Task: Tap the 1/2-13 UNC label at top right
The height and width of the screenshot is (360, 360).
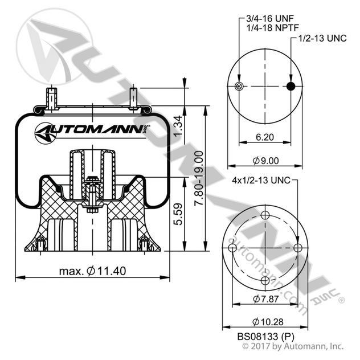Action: [321, 39]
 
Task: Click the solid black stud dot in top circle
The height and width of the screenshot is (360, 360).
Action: [291, 86]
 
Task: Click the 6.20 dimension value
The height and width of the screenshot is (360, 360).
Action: [264, 137]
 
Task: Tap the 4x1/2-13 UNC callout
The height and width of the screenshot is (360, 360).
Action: [261, 181]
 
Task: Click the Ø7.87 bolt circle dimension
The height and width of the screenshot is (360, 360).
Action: [264, 299]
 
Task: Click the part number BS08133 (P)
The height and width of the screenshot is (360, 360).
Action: [264, 336]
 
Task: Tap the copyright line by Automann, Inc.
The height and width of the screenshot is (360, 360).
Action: [293, 346]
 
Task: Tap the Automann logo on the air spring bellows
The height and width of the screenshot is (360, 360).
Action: [91, 131]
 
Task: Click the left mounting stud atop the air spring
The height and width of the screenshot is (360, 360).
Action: [51, 97]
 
